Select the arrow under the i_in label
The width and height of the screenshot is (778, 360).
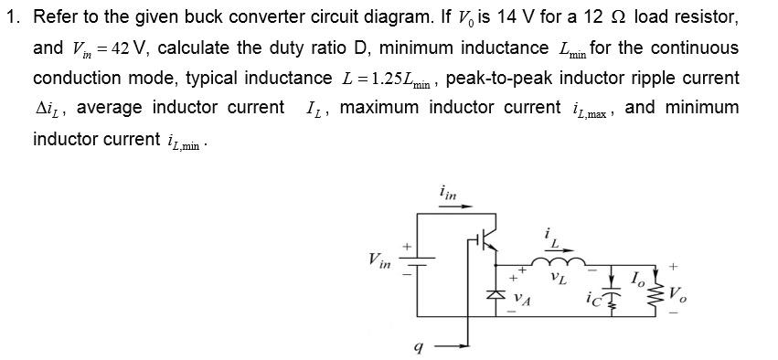(456, 208)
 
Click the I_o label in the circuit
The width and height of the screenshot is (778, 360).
(640, 276)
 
